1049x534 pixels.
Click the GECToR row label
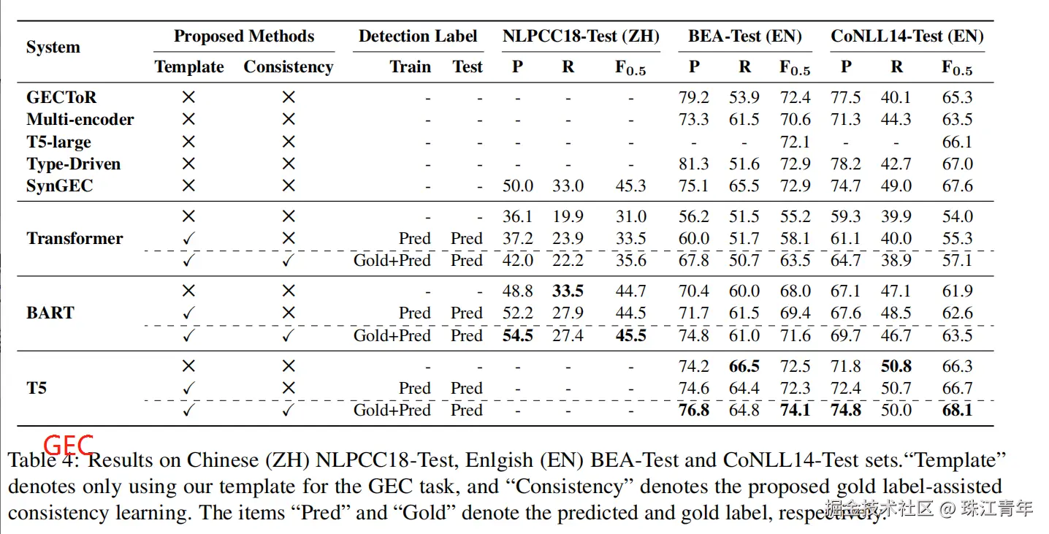click(x=61, y=97)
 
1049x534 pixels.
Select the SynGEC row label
click(x=60, y=186)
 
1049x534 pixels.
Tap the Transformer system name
click(x=75, y=238)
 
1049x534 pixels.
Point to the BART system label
click(x=50, y=313)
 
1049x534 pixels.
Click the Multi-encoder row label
click(x=80, y=119)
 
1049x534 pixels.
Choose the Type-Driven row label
click(x=73, y=164)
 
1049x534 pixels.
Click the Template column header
click(x=189, y=66)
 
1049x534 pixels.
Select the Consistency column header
click(x=288, y=66)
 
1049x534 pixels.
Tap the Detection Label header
click(x=418, y=36)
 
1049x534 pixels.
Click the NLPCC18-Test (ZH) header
click(x=581, y=36)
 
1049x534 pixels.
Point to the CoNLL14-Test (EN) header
click(x=907, y=36)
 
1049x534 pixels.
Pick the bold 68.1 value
click(x=957, y=410)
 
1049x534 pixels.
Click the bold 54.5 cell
click(x=518, y=335)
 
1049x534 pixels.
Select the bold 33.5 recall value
click(x=568, y=291)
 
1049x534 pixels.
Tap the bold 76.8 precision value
click(x=693, y=410)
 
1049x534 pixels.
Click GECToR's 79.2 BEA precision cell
click(x=693, y=97)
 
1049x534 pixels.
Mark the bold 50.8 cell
click(x=896, y=366)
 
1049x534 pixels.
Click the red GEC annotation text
click(x=69, y=444)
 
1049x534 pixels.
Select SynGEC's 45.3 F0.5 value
click(x=630, y=186)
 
